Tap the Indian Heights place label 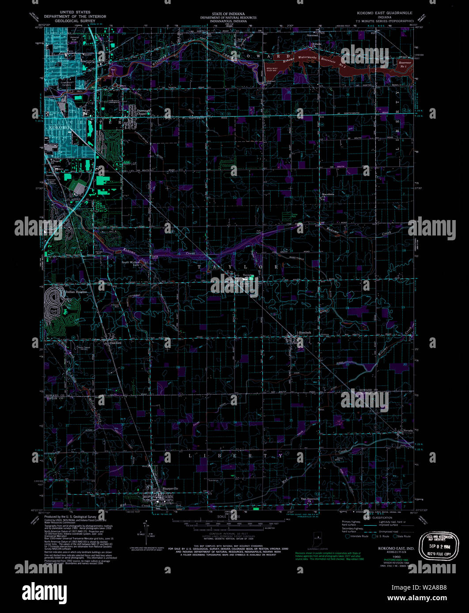click(76, 292)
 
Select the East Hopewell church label click(310, 499)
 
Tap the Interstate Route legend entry click(358, 536)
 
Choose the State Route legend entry click(402, 536)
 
